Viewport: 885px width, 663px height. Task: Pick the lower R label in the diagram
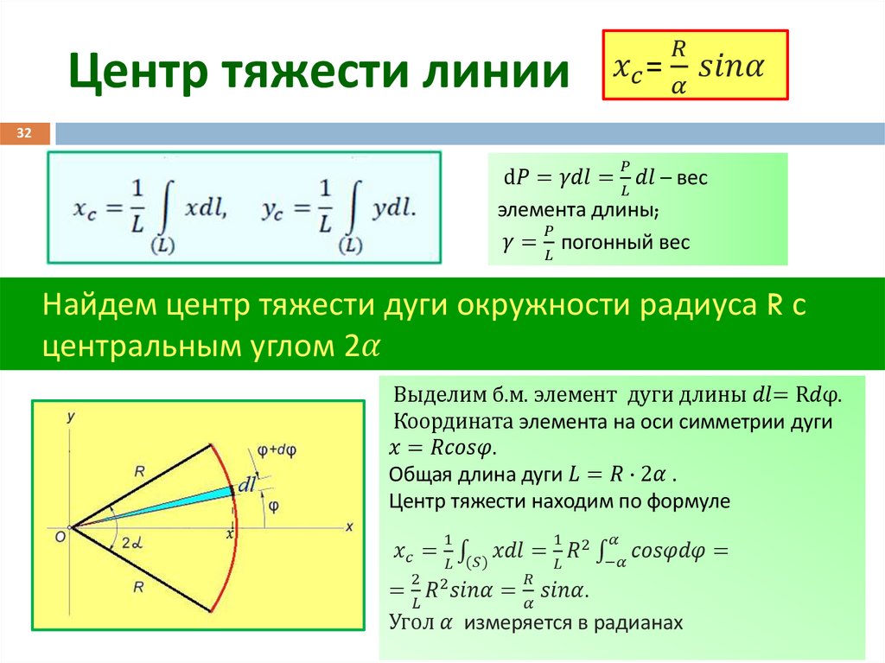click(x=139, y=587)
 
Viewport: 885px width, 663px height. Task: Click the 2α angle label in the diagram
click(x=131, y=544)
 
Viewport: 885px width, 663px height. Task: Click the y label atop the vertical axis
click(x=71, y=417)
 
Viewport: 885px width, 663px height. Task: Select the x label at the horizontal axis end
click(x=349, y=526)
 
